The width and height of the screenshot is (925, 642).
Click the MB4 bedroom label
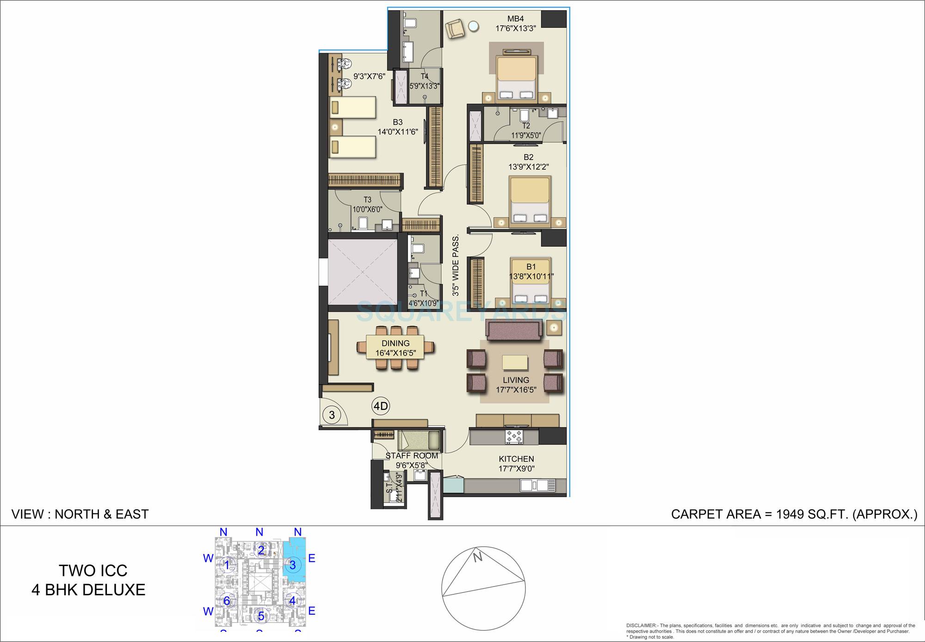pyautogui.click(x=516, y=19)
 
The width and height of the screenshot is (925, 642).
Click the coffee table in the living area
pyautogui.click(x=515, y=362)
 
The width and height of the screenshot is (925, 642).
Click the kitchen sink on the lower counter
pyautogui.click(x=537, y=485)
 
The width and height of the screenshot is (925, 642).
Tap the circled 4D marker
pyautogui.click(x=381, y=407)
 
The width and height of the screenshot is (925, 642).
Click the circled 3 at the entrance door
pyautogui.click(x=332, y=414)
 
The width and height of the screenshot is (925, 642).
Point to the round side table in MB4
pyautogui.click(x=474, y=26)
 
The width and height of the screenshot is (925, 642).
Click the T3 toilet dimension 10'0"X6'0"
pyautogui.click(x=367, y=209)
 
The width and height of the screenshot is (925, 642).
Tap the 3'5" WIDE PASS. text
pyautogui.click(x=456, y=265)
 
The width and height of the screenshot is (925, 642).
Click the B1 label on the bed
pyautogui.click(x=531, y=267)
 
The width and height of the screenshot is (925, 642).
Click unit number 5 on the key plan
pyautogui.click(x=261, y=616)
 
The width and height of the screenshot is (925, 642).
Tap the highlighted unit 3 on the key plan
pyautogui.click(x=293, y=565)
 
